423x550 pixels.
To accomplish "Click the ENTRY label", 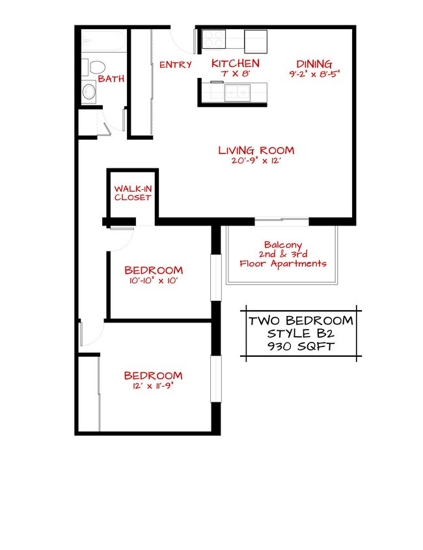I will tap(175, 64).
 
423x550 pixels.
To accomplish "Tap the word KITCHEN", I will tap(236, 63).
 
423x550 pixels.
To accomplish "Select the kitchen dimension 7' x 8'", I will tap(236, 74).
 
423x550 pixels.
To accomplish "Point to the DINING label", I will tap(314, 64).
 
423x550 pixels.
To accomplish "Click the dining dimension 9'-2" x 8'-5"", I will tap(314, 74).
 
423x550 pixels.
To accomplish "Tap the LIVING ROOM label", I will tap(256, 150).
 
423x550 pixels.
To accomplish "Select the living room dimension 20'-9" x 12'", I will tap(256, 161).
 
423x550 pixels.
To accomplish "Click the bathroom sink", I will tap(90, 92).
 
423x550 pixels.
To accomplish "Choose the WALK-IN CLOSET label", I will tap(133, 192).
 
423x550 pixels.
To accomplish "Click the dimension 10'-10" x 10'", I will tap(154, 282).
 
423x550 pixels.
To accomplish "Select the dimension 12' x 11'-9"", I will tap(154, 386).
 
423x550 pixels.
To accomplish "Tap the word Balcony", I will tap(283, 244).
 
